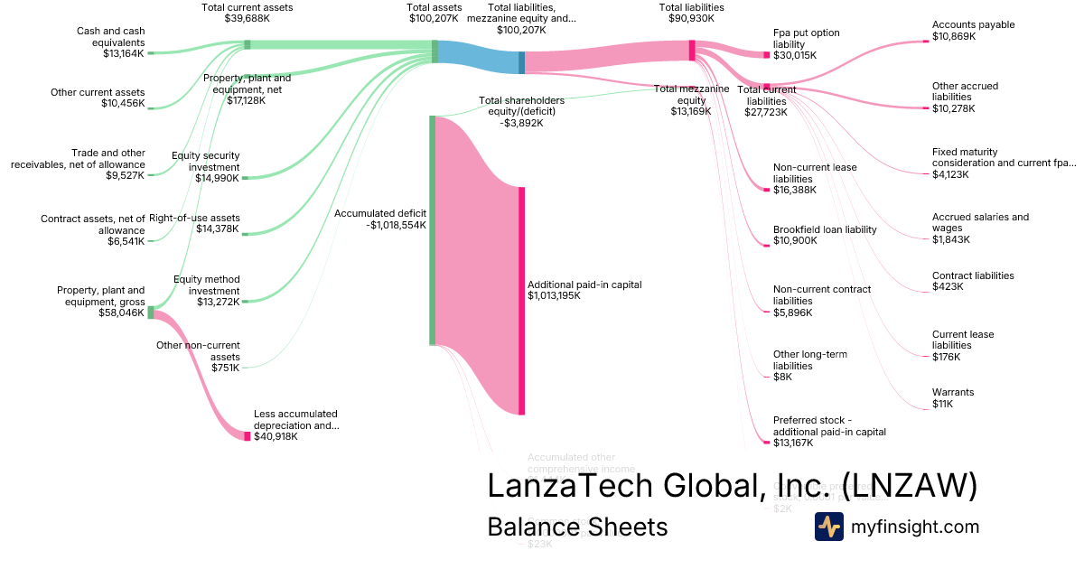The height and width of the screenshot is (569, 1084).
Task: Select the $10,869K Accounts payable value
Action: [955, 37]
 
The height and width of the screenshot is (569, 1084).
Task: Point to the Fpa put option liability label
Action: [806, 39]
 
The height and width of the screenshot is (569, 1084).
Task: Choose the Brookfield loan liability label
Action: [825, 229]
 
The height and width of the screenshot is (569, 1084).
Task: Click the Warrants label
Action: [953, 392]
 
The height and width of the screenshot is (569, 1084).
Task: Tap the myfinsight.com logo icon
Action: [828, 527]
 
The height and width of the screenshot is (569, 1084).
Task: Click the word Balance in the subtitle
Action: [529, 527]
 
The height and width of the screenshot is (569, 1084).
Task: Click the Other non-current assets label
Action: [198, 350]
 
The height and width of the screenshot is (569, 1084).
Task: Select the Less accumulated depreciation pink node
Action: [248, 436]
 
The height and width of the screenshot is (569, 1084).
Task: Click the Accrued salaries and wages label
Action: [980, 222]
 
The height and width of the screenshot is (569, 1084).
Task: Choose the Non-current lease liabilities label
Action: [815, 173]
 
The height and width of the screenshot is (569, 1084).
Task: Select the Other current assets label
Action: [98, 91]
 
